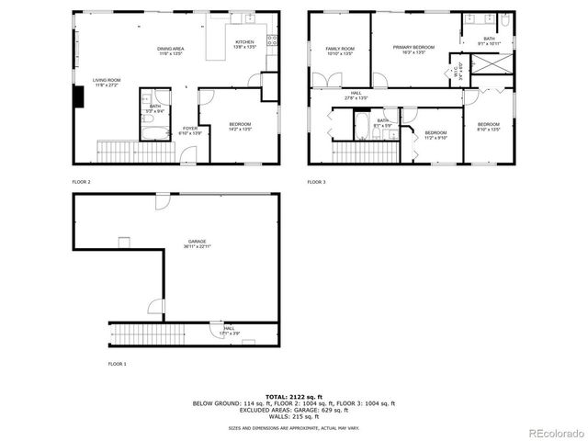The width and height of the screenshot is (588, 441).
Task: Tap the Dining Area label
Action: pos(171,49)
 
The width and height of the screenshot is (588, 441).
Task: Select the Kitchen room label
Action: pos(244,42)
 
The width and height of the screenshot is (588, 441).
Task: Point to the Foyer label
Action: pos(188,128)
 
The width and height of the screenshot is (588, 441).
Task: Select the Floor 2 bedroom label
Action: pos(239,124)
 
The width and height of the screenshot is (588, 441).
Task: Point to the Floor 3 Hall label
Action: pos(356,93)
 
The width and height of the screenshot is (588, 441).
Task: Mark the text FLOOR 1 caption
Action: pos(117,365)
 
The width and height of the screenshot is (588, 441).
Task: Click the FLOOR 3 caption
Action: pos(317,182)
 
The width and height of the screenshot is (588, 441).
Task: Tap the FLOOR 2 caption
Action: pos(83,182)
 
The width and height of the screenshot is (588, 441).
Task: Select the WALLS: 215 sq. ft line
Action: pos(294,418)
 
